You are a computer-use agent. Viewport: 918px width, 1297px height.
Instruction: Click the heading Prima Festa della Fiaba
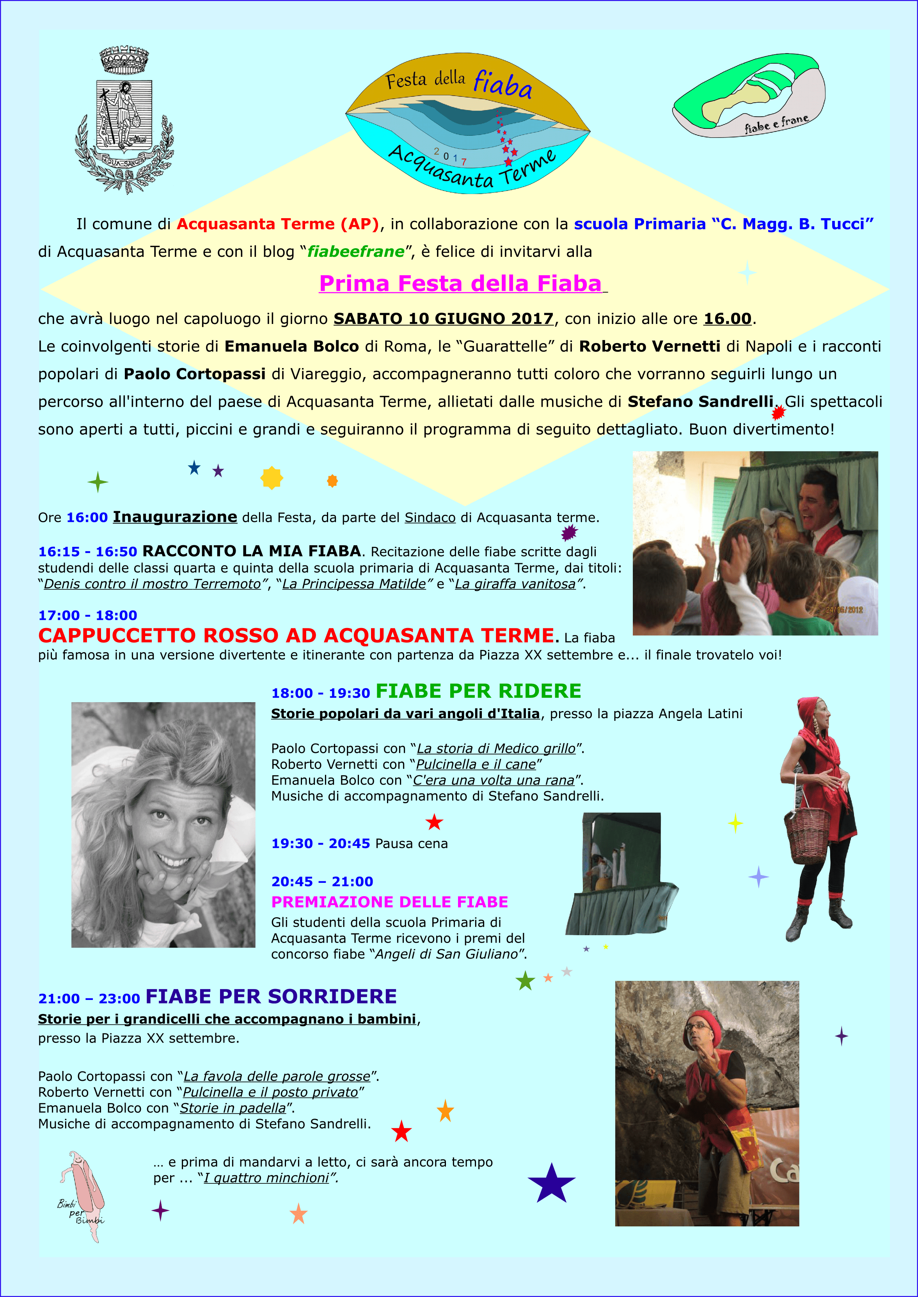coord(461,284)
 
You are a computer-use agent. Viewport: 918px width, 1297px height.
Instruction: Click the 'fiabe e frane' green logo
coord(749,95)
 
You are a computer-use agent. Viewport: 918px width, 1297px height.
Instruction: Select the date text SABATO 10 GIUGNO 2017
coord(443,319)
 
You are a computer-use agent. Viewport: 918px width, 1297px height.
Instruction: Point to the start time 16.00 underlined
coord(727,319)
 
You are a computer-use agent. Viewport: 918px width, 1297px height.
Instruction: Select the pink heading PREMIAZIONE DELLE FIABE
coord(389,902)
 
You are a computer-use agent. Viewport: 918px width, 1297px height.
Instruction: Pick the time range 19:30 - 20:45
coord(321,843)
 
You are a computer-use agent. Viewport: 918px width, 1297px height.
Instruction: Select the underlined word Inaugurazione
coord(175,517)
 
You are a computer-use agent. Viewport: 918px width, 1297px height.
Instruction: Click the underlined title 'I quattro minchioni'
coord(266,1178)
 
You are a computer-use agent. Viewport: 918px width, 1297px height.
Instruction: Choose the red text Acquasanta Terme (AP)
coord(277,224)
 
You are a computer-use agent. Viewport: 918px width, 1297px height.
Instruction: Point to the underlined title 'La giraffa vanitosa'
coord(515,584)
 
